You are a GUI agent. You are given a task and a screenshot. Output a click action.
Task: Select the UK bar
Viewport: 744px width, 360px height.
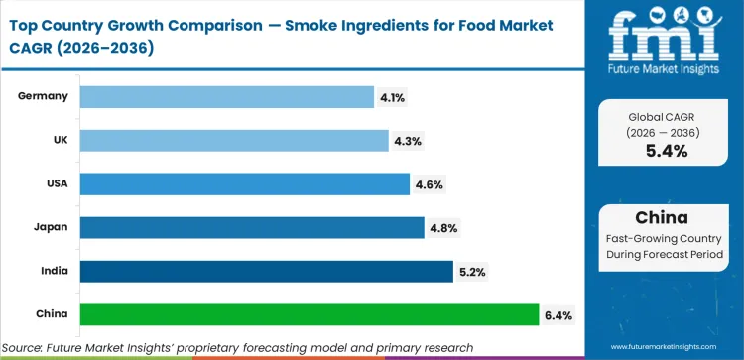(233, 140)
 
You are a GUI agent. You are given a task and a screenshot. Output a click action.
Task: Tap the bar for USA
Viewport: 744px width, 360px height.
(244, 183)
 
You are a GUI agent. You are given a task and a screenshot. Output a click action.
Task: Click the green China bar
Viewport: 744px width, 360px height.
(309, 314)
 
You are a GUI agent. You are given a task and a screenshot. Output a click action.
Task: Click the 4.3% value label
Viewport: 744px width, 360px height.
(407, 141)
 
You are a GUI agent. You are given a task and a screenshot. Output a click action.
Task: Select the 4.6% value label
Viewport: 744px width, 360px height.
(428, 184)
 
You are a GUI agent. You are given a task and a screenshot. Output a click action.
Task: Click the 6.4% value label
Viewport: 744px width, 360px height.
(557, 315)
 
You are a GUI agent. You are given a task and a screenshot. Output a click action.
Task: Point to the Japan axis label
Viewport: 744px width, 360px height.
(51, 227)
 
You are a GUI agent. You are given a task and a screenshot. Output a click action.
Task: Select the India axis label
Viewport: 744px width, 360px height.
(54, 271)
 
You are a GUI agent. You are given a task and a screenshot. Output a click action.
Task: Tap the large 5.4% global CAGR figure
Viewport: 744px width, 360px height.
(667, 151)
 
